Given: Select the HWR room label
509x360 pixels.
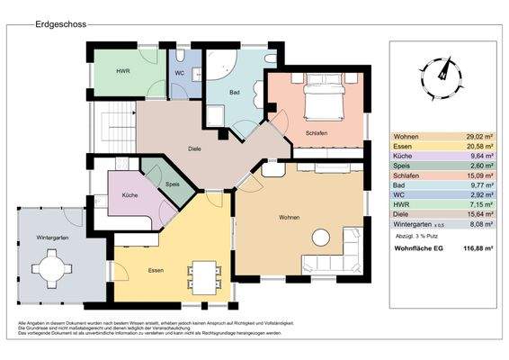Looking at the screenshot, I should (122, 70).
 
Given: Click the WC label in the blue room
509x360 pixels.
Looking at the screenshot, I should (180, 72).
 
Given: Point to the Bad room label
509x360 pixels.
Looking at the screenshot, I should (235, 92).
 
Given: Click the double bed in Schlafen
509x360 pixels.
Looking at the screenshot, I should (322, 100).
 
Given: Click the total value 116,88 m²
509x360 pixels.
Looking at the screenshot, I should (465, 250).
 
